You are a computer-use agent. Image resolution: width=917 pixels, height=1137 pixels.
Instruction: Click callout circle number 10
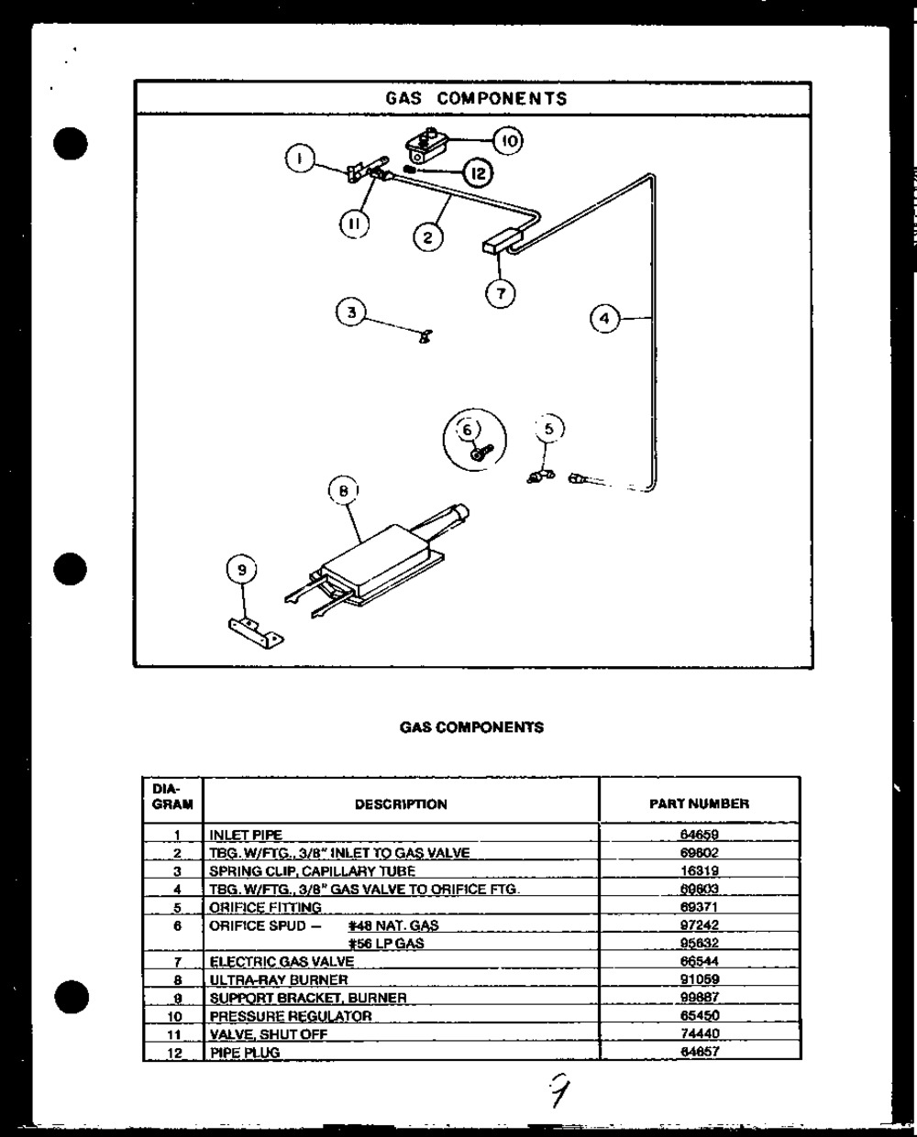(508, 140)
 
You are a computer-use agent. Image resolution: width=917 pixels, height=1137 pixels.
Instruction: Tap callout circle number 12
(477, 172)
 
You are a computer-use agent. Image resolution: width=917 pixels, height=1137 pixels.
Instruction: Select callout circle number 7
(501, 293)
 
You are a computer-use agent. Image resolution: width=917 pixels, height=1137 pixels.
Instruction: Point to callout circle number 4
(604, 319)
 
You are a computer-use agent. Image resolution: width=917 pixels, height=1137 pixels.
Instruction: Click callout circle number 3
(350, 312)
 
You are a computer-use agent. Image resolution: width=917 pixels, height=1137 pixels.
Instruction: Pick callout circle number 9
(242, 571)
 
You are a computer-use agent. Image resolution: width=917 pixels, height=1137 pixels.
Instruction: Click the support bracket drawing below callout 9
(256, 631)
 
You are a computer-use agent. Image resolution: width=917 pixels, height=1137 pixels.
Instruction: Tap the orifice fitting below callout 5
(538, 475)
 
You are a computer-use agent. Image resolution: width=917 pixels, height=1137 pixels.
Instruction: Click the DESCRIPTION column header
(401, 804)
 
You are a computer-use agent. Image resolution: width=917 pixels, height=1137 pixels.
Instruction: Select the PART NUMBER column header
(699, 804)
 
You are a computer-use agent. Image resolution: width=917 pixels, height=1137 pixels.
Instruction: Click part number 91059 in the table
(700, 979)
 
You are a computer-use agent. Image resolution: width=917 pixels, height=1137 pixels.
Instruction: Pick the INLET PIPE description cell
(246, 835)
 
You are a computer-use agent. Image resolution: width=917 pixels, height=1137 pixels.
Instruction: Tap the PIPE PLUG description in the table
(245, 1053)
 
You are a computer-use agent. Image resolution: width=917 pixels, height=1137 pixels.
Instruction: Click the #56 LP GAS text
(386, 944)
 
